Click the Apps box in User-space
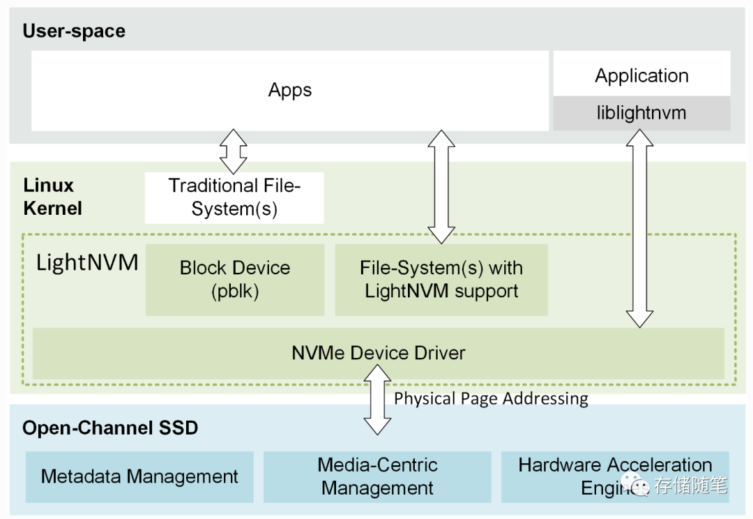click(290, 90)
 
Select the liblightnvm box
click(641, 113)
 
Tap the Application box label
click(641, 75)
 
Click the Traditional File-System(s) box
click(234, 197)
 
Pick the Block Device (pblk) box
click(235, 279)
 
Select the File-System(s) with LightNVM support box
click(441, 279)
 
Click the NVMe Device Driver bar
click(378, 353)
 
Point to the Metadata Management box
click(139, 477)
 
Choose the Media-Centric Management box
click(377, 476)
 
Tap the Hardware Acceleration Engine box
click(614, 476)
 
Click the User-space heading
click(74, 31)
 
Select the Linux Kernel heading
click(52, 197)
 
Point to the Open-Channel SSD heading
click(110, 428)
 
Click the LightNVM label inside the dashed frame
click(87, 263)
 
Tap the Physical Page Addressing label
click(491, 398)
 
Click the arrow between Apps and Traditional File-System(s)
click(234, 151)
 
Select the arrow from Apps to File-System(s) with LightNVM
click(441, 187)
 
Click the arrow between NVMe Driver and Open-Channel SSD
click(378, 399)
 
